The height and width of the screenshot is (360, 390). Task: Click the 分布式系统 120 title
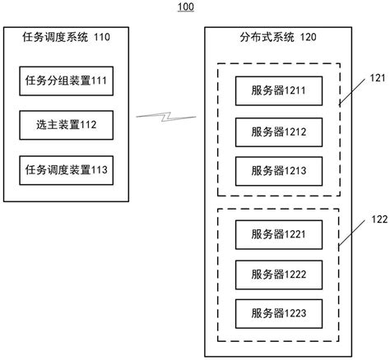coord(277,37)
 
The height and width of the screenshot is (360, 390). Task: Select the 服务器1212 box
coord(278,130)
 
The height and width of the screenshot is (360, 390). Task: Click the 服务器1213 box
coord(278,171)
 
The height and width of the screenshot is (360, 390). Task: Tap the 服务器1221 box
coord(278,233)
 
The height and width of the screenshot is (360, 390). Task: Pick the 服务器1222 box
coord(278,273)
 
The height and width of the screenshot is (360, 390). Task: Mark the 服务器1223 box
coord(278,313)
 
